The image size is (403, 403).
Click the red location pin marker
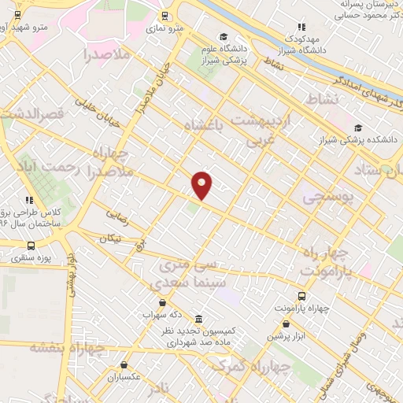pyautogui.click(x=202, y=184)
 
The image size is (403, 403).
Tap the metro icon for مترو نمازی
pyautogui.click(x=164, y=15)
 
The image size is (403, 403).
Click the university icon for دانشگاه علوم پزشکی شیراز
pyautogui.click(x=224, y=37)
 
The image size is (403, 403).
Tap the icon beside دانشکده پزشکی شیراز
pyautogui.click(x=358, y=128)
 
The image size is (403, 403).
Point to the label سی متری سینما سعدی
pyautogui.click(x=192, y=274)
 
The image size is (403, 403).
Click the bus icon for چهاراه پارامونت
pyautogui.click(x=301, y=296)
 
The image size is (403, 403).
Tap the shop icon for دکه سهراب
pyautogui.click(x=162, y=302)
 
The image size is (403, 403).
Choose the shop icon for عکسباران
pyautogui.click(x=126, y=364)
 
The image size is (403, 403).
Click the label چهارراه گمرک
pyautogui.click(x=245, y=366)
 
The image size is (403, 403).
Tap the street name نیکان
pyautogui.click(x=111, y=237)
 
